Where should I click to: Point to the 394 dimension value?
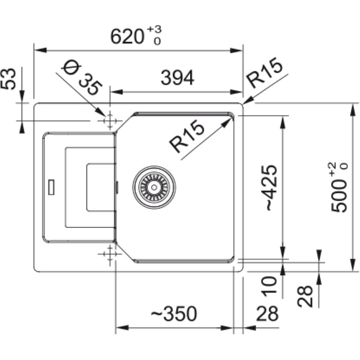point(177,78)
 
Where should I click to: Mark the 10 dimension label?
point(271,285)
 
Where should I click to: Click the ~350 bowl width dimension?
point(173,313)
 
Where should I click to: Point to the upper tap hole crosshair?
point(109,121)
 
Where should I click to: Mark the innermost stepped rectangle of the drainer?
point(100,187)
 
